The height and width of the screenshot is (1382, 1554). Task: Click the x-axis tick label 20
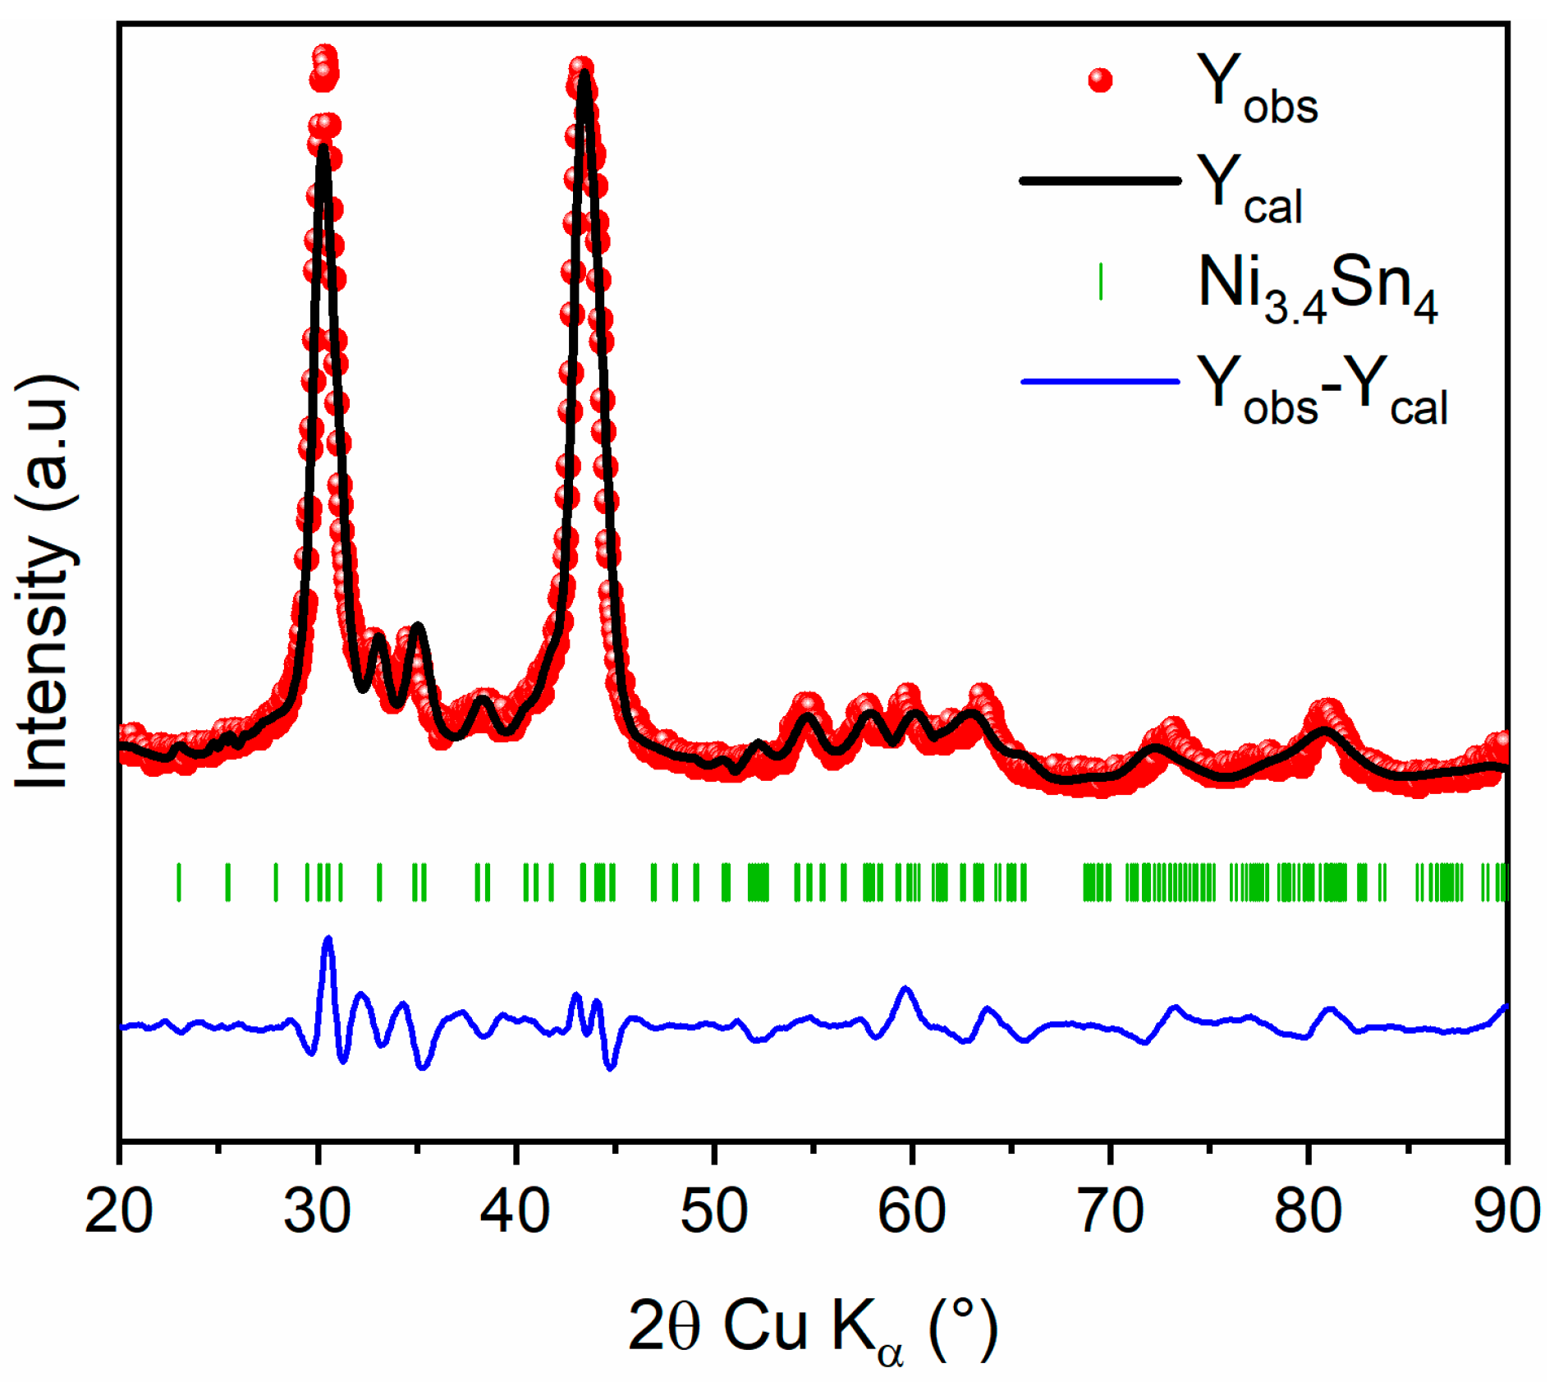coord(119,1212)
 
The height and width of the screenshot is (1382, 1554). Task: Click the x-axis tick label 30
coord(318,1212)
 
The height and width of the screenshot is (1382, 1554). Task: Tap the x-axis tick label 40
coord(516,1212)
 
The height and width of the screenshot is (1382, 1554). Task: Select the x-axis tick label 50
coord(714,1212)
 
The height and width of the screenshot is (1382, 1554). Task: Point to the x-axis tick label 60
coord(912,1212)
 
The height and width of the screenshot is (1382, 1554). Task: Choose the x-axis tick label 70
coord(1111,1212)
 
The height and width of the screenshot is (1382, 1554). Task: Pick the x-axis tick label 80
coord(1309,1212)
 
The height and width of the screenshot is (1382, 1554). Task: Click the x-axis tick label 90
coord(1506,1212)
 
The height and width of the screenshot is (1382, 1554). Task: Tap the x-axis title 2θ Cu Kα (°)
coord(813,1325)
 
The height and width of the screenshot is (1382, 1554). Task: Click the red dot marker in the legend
coord(1100,80)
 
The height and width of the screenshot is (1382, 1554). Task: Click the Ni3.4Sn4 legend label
coord(1317,287)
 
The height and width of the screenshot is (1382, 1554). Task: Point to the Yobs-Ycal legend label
coord(1322,389)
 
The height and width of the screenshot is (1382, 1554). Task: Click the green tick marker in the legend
coord(1100,282)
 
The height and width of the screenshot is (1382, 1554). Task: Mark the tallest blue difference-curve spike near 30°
coord(328,938)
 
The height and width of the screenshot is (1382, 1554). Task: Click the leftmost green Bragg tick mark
coord(179,883)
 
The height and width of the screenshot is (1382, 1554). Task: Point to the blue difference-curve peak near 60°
coord(905,989)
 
